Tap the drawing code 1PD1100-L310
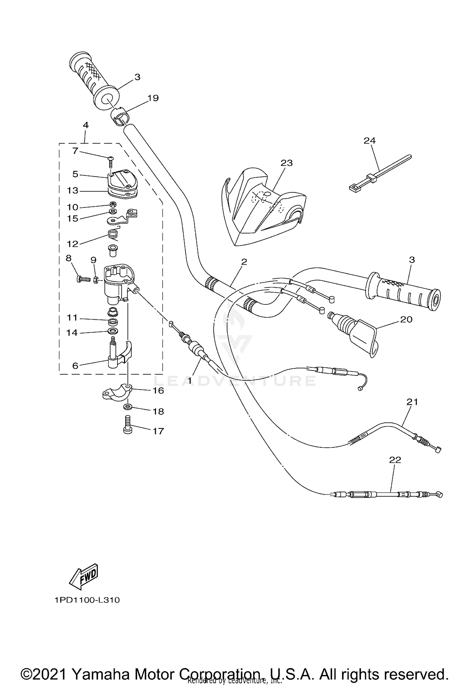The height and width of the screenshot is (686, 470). pos(87,600)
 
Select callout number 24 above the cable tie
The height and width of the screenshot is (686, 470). pos(369,140)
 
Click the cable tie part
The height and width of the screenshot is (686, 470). pos(379,173)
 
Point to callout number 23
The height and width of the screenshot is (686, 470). pos(286,163)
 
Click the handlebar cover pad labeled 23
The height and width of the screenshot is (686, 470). pos(263,210)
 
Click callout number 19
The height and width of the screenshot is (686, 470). pos(153,98)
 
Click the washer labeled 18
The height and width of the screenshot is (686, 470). pos(128,407)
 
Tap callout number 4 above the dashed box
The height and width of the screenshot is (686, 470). pos(86,125)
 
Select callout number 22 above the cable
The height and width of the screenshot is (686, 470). pos(395,460)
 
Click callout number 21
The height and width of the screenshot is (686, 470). pos(412,402)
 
